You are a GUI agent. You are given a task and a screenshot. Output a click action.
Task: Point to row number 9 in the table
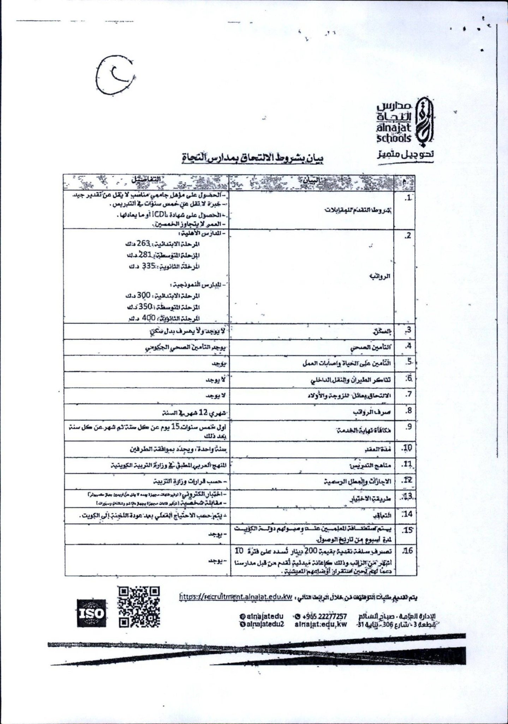click(409, 426)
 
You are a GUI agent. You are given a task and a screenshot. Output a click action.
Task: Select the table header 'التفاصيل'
click(145, 180)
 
